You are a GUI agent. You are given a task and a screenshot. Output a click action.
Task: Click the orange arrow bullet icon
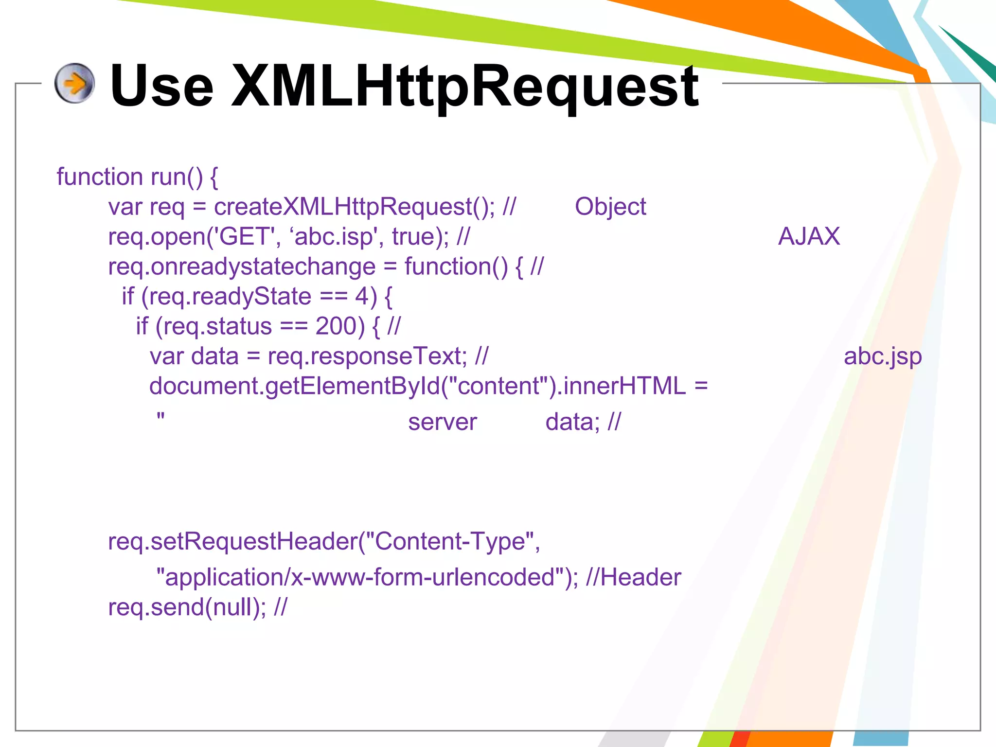tap(74, 83)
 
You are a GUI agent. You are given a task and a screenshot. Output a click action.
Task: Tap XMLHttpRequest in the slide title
tap(465, 86)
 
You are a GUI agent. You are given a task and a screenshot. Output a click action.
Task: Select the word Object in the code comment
tap(610, 207)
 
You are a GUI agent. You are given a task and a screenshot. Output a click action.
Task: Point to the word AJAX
tap(809, 237)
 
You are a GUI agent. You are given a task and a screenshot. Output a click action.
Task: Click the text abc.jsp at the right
tap(882, 356)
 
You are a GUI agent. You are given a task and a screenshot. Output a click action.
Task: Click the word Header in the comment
tap(640, 577)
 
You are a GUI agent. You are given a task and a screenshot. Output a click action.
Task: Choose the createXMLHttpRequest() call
tap(353, 207)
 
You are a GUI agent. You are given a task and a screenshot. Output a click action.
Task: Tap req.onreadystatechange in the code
tap(242, 267)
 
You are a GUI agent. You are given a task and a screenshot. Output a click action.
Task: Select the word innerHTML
tap(624, 386)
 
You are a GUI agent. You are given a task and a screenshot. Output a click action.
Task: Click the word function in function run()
tap(100, 177)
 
